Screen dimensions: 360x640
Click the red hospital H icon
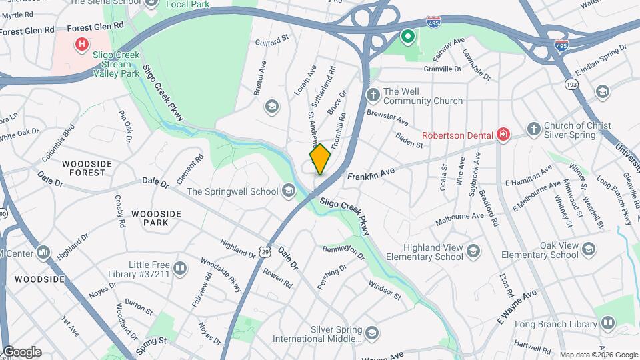[x=82, y=45]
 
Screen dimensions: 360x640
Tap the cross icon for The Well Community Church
[x=373, y=96]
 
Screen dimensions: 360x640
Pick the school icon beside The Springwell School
[x=288, y=191]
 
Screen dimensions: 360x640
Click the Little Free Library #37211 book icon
[x=179, y=268]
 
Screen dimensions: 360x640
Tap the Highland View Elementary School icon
[x=473, y=251]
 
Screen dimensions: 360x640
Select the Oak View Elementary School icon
[x=588, y=249]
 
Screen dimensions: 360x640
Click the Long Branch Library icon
[x=607, y=324]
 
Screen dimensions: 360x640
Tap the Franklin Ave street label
[x=371, y=173]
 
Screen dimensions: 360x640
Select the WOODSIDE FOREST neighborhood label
[x=83, y=168]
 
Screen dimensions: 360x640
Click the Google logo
[x=21, y=351]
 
